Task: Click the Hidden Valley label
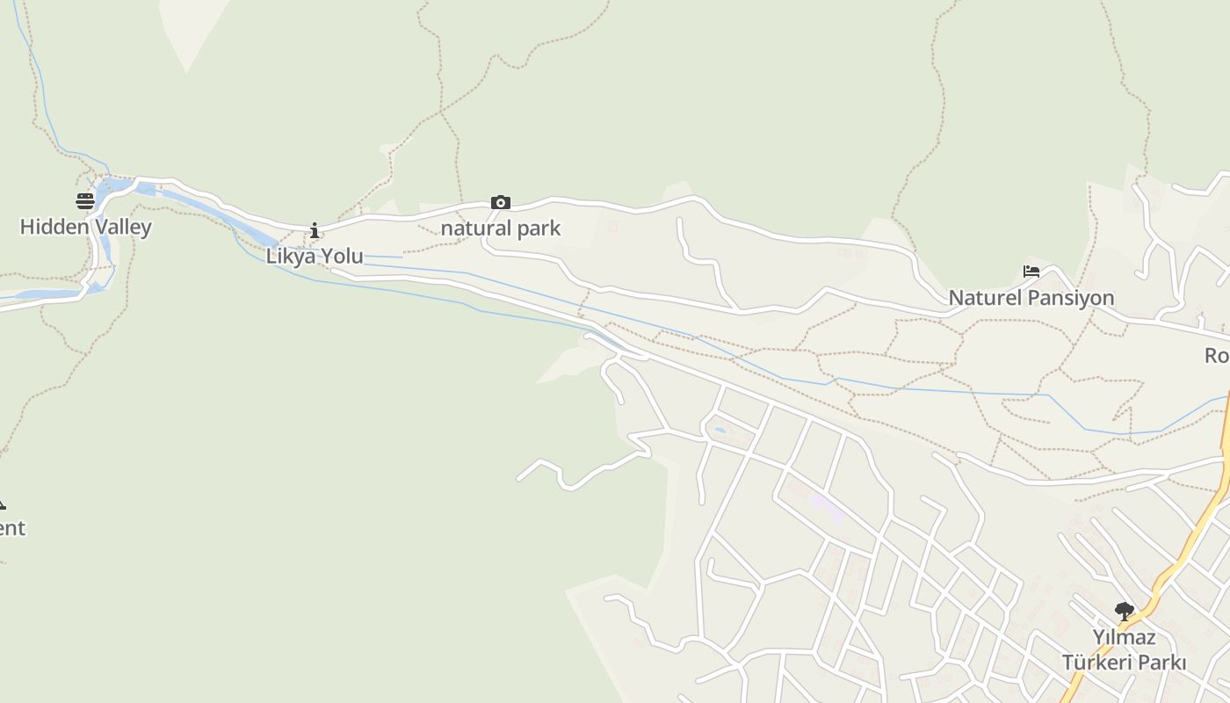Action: click(x=85, y=227)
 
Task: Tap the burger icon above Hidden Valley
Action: click(x=85, y=201)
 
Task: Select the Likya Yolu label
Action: click(x=315, y=256)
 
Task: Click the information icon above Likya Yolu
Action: click(x=315, y=231)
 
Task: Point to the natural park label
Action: click(x=500, y=228)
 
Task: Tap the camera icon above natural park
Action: click(x=500, y=203)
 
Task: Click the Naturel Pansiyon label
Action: click(x=1031, y=298)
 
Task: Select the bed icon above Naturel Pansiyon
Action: click(x=1031, y=272)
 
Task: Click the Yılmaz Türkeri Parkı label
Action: click(x=1124, y=649)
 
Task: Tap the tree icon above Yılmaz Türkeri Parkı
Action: click(x=1124, y=612)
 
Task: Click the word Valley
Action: click(x=122, y=227)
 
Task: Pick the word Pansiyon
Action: click(x=1070, y=298)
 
